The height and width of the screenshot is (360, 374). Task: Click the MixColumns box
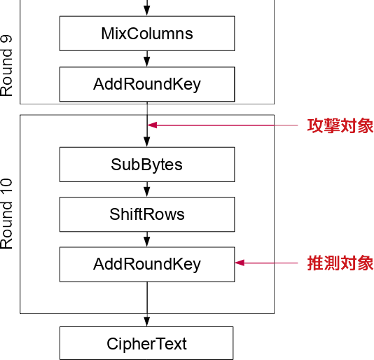coord(146,34)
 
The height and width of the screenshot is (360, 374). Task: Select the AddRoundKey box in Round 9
coord(146,85)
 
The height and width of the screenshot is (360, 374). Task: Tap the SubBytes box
coord(146,165)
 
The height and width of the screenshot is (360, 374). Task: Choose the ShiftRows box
coord(146,214)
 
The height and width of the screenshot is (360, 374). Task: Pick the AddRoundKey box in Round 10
coord(146,264)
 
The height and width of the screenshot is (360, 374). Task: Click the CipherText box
coord(146,343)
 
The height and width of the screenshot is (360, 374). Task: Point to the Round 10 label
coord(7,214)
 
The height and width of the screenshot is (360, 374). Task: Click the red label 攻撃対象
coord(340,126)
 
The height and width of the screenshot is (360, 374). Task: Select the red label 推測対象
coord(340,263)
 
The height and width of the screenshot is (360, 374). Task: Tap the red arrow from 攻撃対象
coord(224,125)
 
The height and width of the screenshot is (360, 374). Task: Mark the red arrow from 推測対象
coord(270,263)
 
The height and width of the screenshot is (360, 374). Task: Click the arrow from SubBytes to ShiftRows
coord(147,189)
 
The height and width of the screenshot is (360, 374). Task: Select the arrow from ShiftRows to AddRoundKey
coord(147,239)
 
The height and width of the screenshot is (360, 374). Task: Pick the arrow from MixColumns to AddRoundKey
coord(147,59)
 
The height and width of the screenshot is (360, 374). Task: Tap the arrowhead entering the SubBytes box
coord(147,143)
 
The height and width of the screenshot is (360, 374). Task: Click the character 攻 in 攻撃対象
coord(315,126)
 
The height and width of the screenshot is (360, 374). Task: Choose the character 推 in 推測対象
coord(315,263)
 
